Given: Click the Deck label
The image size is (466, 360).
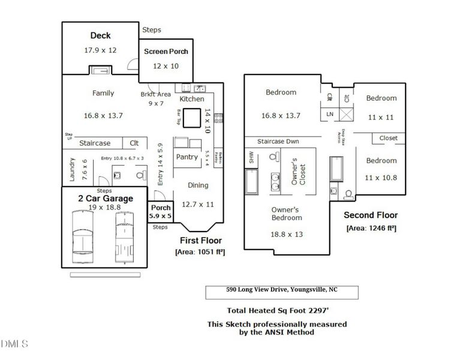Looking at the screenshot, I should (x=100, y=36).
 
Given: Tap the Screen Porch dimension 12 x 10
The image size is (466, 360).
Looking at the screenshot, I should (x=166, y=66).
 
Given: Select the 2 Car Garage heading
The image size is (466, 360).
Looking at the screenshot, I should (x=105, y=198).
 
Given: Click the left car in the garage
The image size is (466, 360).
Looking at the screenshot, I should (x=82, y=236).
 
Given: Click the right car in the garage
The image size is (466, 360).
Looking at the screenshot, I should (x=124, y=236).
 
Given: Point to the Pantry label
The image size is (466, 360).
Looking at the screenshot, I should (x=187, y=157).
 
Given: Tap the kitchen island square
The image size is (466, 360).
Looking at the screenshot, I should (x=192, y=118).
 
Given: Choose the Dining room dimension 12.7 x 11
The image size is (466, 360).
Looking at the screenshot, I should (x=197, y=204).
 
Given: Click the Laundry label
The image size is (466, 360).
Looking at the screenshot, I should (x=72, y=170).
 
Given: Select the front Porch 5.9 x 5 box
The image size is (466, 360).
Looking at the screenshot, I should (x=160, y=212).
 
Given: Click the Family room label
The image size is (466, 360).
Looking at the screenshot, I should (x=103, y=94).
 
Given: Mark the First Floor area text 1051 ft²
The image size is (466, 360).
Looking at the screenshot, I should (x=200, y=252).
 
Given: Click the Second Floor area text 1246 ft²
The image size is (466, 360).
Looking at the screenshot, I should (x=371, y=228).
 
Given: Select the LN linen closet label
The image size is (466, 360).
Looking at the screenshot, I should (x=329, y=114).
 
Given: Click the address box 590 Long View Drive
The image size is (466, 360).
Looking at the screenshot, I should (x=282, y=292).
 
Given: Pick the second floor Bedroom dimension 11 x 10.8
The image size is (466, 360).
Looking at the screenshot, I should (x=381, y=178).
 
